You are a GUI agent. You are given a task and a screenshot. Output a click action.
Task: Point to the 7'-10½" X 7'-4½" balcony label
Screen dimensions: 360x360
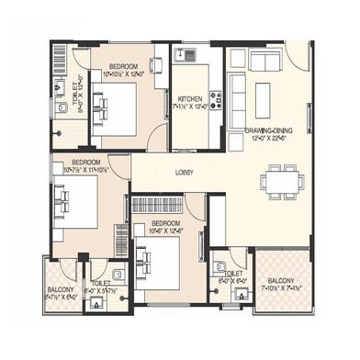(281, 286)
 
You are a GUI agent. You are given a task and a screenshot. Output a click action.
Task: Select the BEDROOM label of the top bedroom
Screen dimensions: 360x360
(123, 67)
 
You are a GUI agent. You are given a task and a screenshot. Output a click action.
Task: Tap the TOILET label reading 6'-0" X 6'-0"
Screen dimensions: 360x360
(233, 276)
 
